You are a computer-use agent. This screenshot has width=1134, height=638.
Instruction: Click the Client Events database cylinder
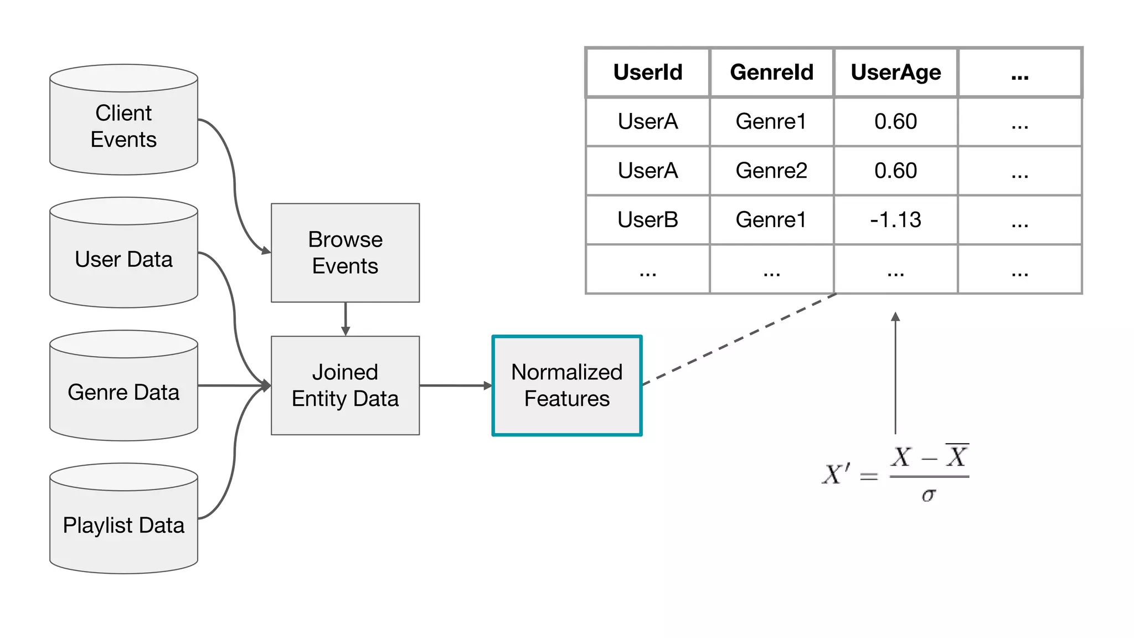point(123,126)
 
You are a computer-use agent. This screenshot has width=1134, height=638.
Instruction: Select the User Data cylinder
point(123,259)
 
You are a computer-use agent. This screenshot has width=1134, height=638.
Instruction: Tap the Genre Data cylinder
point(123,392)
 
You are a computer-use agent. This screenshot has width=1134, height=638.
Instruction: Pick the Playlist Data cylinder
point(123,525)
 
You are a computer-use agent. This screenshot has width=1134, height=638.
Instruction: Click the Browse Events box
point(345,253)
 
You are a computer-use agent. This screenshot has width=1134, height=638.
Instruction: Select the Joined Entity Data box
point(345,385)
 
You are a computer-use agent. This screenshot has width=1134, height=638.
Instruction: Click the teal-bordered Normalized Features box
point(567,385)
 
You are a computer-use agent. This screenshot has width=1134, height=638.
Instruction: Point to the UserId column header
point(648,73)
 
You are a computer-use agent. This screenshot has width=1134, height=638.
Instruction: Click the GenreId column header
point(771,73)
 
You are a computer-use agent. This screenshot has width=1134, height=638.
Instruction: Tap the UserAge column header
point(895,73)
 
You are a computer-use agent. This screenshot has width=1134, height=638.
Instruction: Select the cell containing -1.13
point(895,220)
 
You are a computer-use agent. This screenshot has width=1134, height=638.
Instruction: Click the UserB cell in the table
point(648,220)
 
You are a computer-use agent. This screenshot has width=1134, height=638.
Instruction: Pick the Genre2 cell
point(771,171)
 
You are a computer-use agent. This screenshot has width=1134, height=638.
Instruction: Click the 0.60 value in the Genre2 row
point(895,171)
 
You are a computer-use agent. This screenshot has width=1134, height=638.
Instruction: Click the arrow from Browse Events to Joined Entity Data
point(346,319)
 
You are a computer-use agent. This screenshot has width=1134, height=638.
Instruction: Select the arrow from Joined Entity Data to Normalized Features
point(455,385)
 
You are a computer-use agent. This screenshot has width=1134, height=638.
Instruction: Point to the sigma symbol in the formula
point(929,495)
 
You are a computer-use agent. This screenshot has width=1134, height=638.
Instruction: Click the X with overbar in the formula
point(957,456)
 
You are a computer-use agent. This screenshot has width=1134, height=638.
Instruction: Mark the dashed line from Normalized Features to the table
point(739,338)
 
